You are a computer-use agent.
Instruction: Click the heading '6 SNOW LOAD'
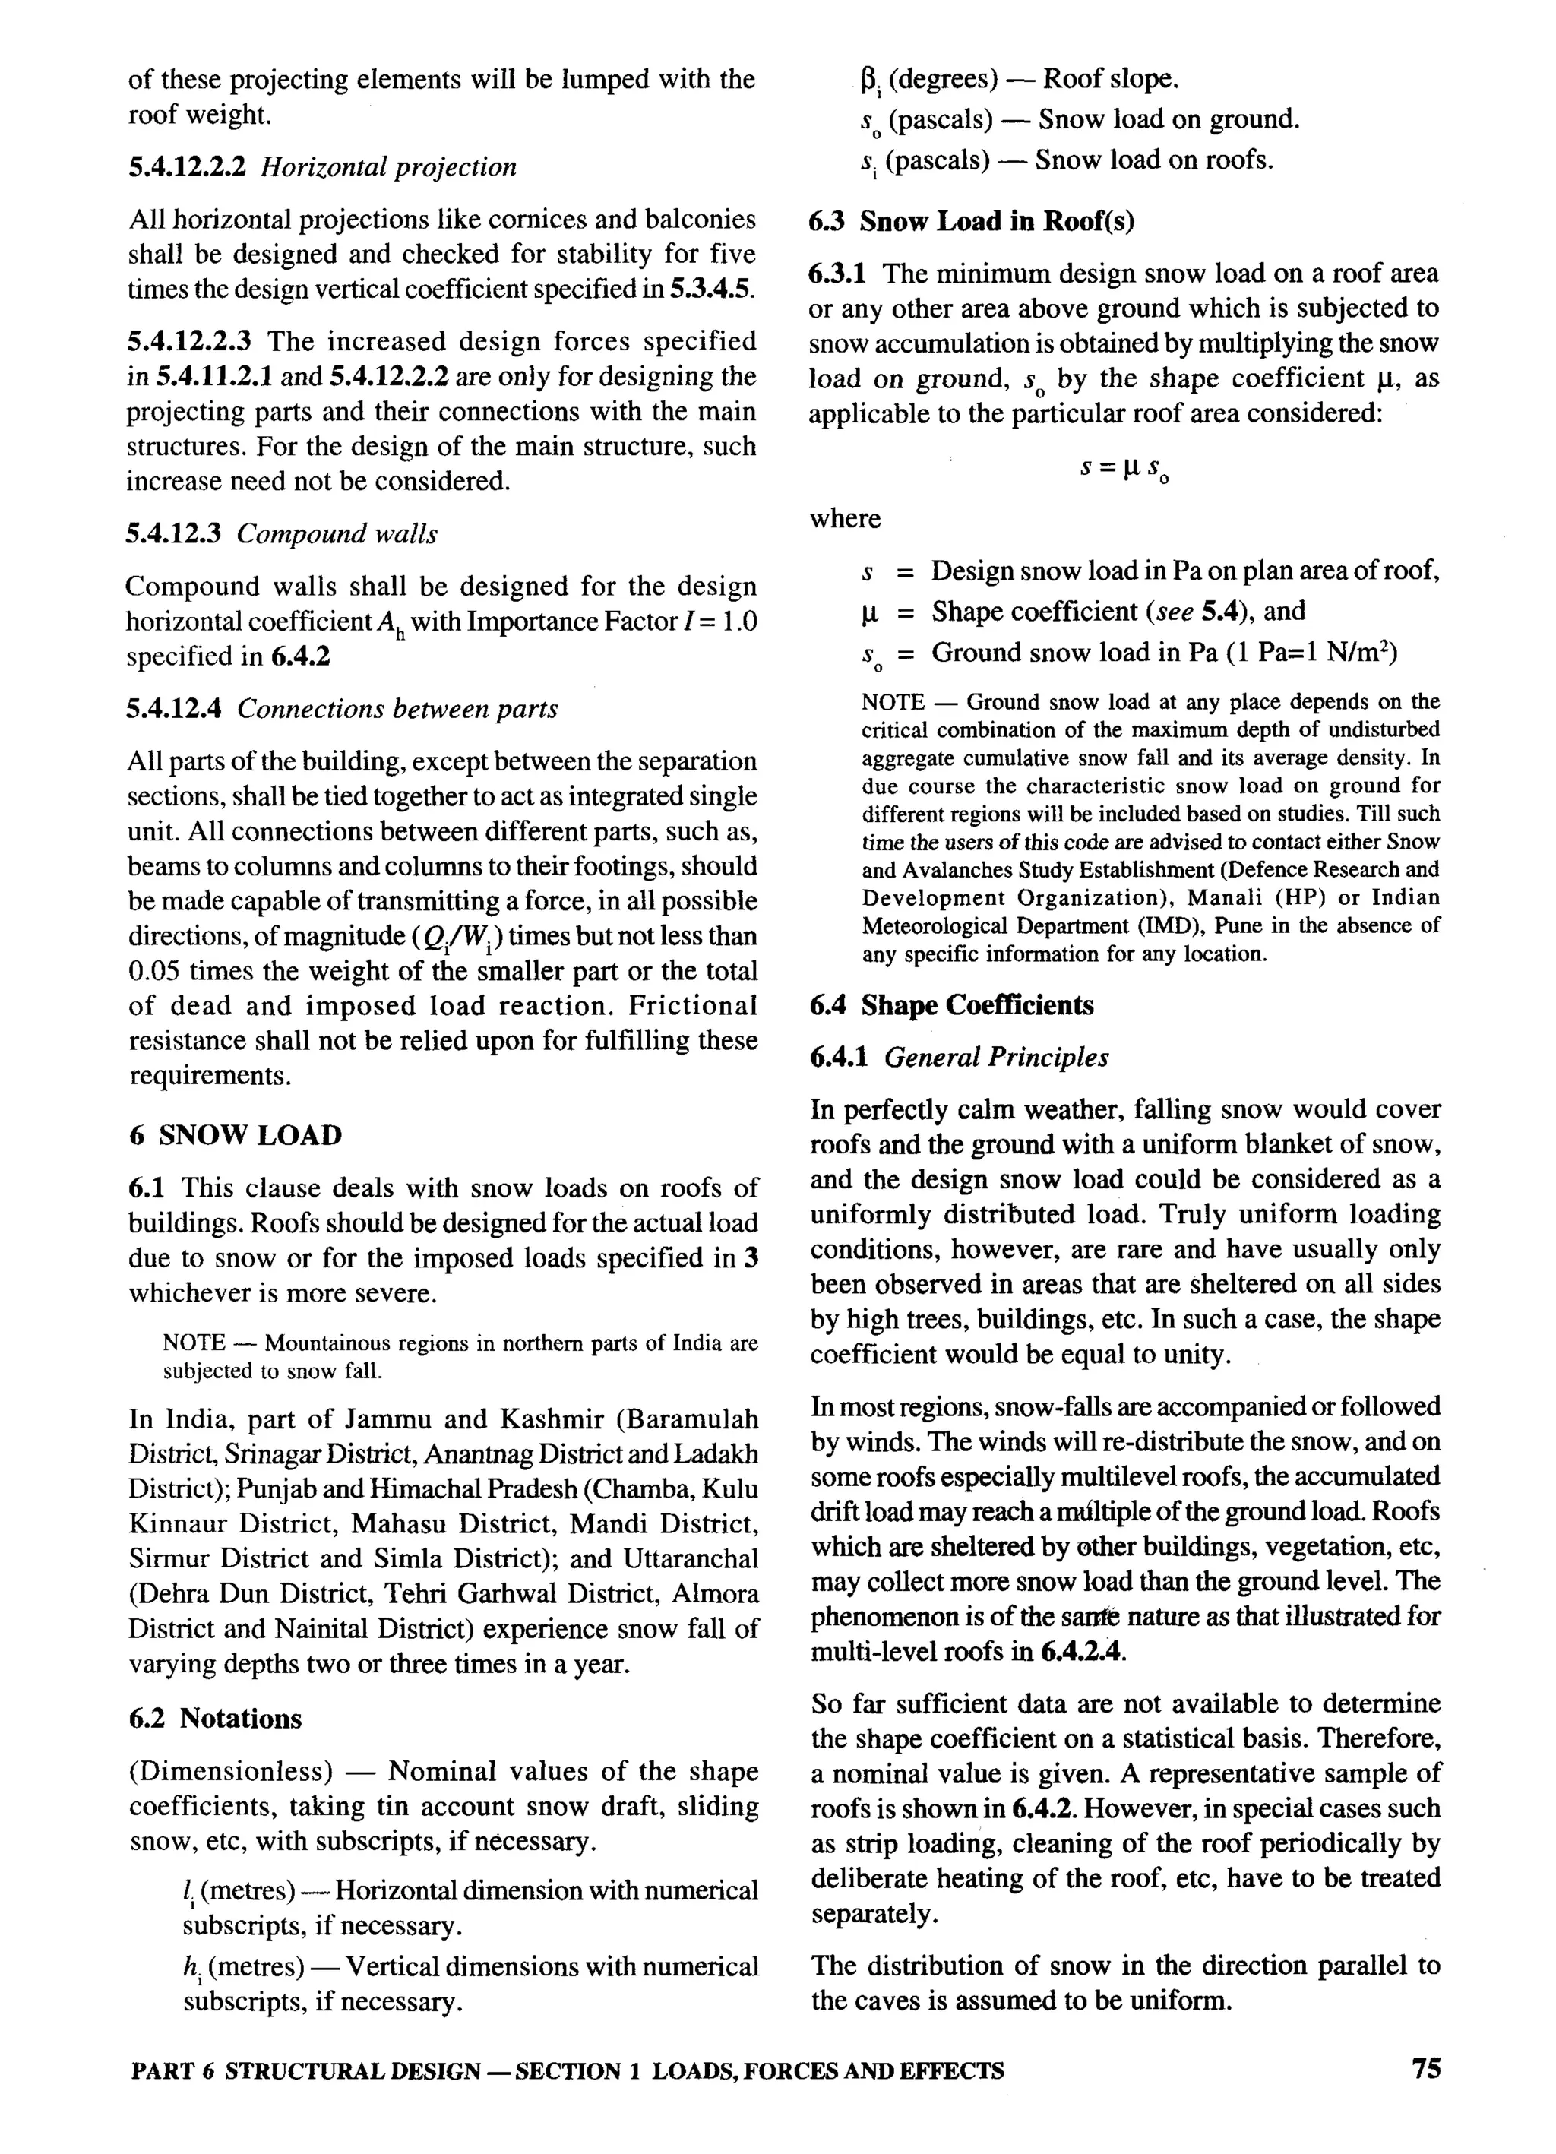click(x=236, y=1135)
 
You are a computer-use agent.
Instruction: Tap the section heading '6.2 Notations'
click(x=215, y=1719)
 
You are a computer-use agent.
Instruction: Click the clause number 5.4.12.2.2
click(x=187, y=167)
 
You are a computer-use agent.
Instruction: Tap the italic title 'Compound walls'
click(x=337, y=533)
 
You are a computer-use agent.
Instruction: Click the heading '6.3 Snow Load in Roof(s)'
click(x=972, y=221)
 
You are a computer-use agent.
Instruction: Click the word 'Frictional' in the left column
click(x=692, y=1006)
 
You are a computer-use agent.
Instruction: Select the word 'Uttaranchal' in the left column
click(x=691, y=1559)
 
